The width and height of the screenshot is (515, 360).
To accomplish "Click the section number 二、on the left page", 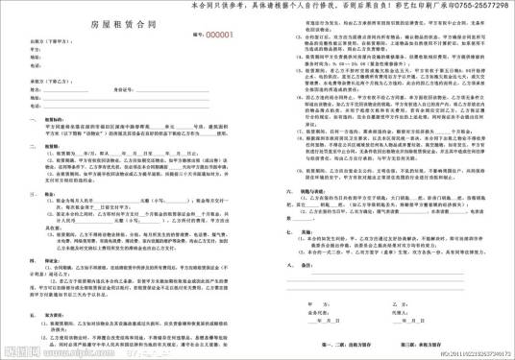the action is point(31,149).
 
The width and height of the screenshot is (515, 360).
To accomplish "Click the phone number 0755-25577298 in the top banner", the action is point(480,7).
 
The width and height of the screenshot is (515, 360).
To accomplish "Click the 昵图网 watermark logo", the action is point(19,352).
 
